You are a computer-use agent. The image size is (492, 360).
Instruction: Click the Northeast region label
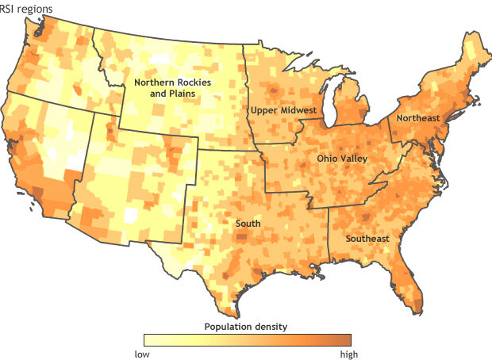[417, 118]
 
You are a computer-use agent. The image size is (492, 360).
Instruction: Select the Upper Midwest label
[283, 109]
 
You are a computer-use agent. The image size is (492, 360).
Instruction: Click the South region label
[248, 224]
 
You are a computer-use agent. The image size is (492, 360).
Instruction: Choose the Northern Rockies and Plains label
[165, 88]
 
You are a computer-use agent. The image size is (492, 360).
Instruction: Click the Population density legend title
[246, 326]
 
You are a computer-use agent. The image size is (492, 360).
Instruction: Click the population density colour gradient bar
[246, 341]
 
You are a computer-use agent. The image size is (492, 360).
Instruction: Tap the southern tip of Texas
[230, 305]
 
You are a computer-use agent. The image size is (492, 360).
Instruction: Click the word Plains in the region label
[182, 94]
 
